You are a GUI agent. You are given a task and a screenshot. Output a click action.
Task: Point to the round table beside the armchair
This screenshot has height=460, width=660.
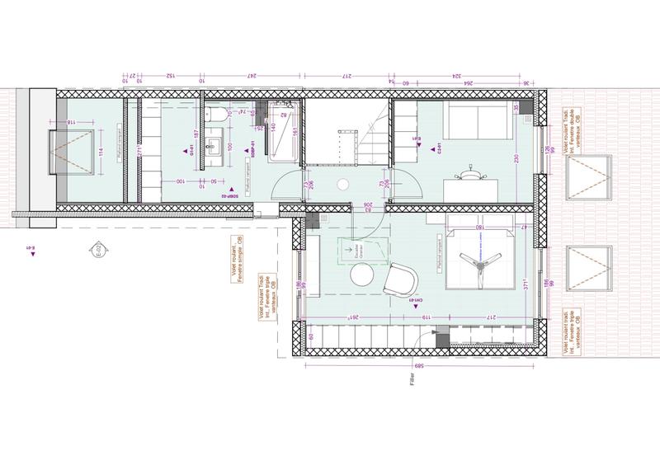[x=364, y=278]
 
